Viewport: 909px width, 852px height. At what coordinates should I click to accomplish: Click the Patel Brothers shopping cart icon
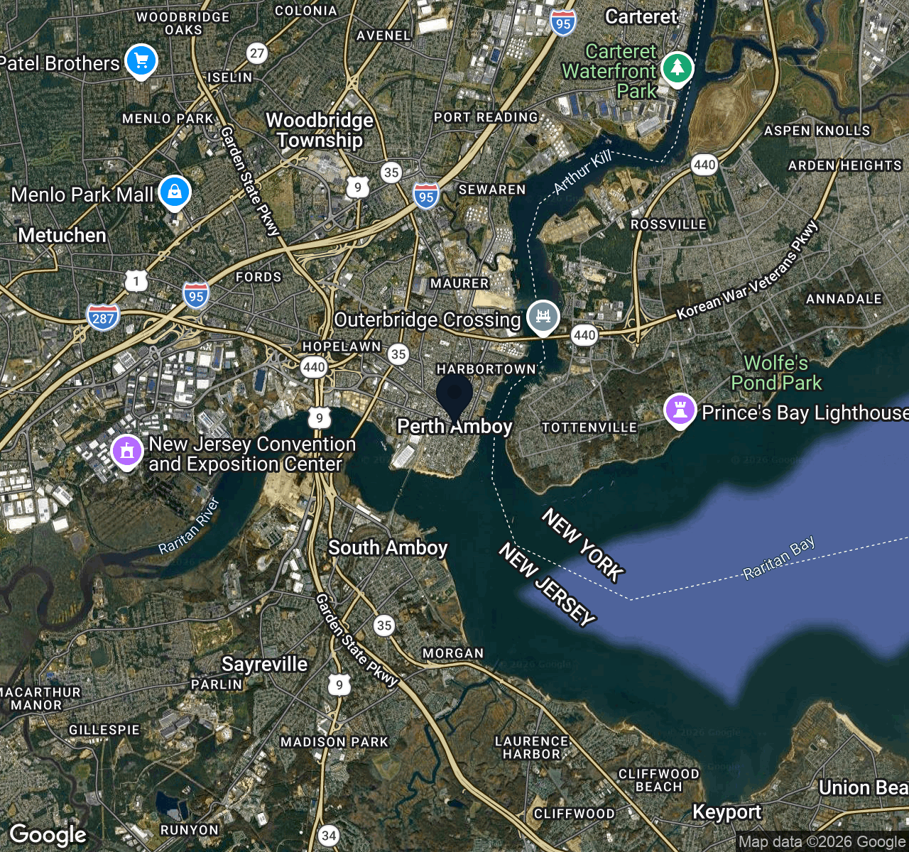pos(141,60)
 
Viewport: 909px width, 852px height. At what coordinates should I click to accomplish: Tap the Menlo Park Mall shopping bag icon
pos(175,192)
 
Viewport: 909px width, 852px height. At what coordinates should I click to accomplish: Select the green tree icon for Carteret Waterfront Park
pos(677,68)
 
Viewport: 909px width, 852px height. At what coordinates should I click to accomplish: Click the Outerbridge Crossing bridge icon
pos(543,316)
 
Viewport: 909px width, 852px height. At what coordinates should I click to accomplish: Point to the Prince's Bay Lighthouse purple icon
pos(680,410)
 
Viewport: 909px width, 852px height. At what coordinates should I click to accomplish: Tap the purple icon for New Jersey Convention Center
pos(127,451)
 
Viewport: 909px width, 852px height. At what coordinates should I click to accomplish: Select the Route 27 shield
pos(257,53)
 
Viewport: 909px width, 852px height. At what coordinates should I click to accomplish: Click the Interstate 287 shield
pos(103,317)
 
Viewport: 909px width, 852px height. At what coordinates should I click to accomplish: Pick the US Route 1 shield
pos(136,281)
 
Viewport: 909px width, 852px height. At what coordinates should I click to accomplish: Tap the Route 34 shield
pos(328,836)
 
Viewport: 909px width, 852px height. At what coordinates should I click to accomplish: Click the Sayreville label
pos(264,665)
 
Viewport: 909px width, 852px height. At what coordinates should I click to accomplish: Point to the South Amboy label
pos(388,548)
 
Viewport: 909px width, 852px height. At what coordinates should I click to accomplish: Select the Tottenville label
pos(589,427)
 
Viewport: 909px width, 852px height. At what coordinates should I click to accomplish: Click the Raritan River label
pos(189,526)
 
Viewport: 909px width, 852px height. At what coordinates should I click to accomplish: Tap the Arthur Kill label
pos(582,173)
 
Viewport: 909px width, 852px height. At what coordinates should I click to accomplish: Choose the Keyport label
pos(726,812)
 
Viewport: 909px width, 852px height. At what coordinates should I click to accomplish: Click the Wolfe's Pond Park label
pos(776,373)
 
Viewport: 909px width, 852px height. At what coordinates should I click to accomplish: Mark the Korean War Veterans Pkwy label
pos(748,271)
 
